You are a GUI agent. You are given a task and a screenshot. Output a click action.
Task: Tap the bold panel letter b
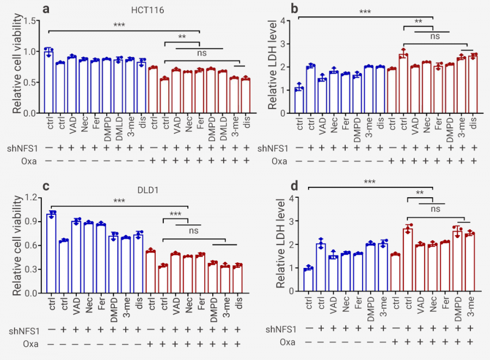click(x=279, y=9)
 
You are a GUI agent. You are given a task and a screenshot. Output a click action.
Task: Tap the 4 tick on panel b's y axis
click(x=283, y=21)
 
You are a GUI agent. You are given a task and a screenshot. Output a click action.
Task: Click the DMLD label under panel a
click(x=223, y=129)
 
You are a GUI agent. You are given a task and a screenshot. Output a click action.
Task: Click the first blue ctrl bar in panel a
click(x=49, y=82)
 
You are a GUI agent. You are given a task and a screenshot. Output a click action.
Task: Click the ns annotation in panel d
click(x=433, y=209)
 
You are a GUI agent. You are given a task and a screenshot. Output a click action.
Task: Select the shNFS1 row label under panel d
click(x=280, y=329)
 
